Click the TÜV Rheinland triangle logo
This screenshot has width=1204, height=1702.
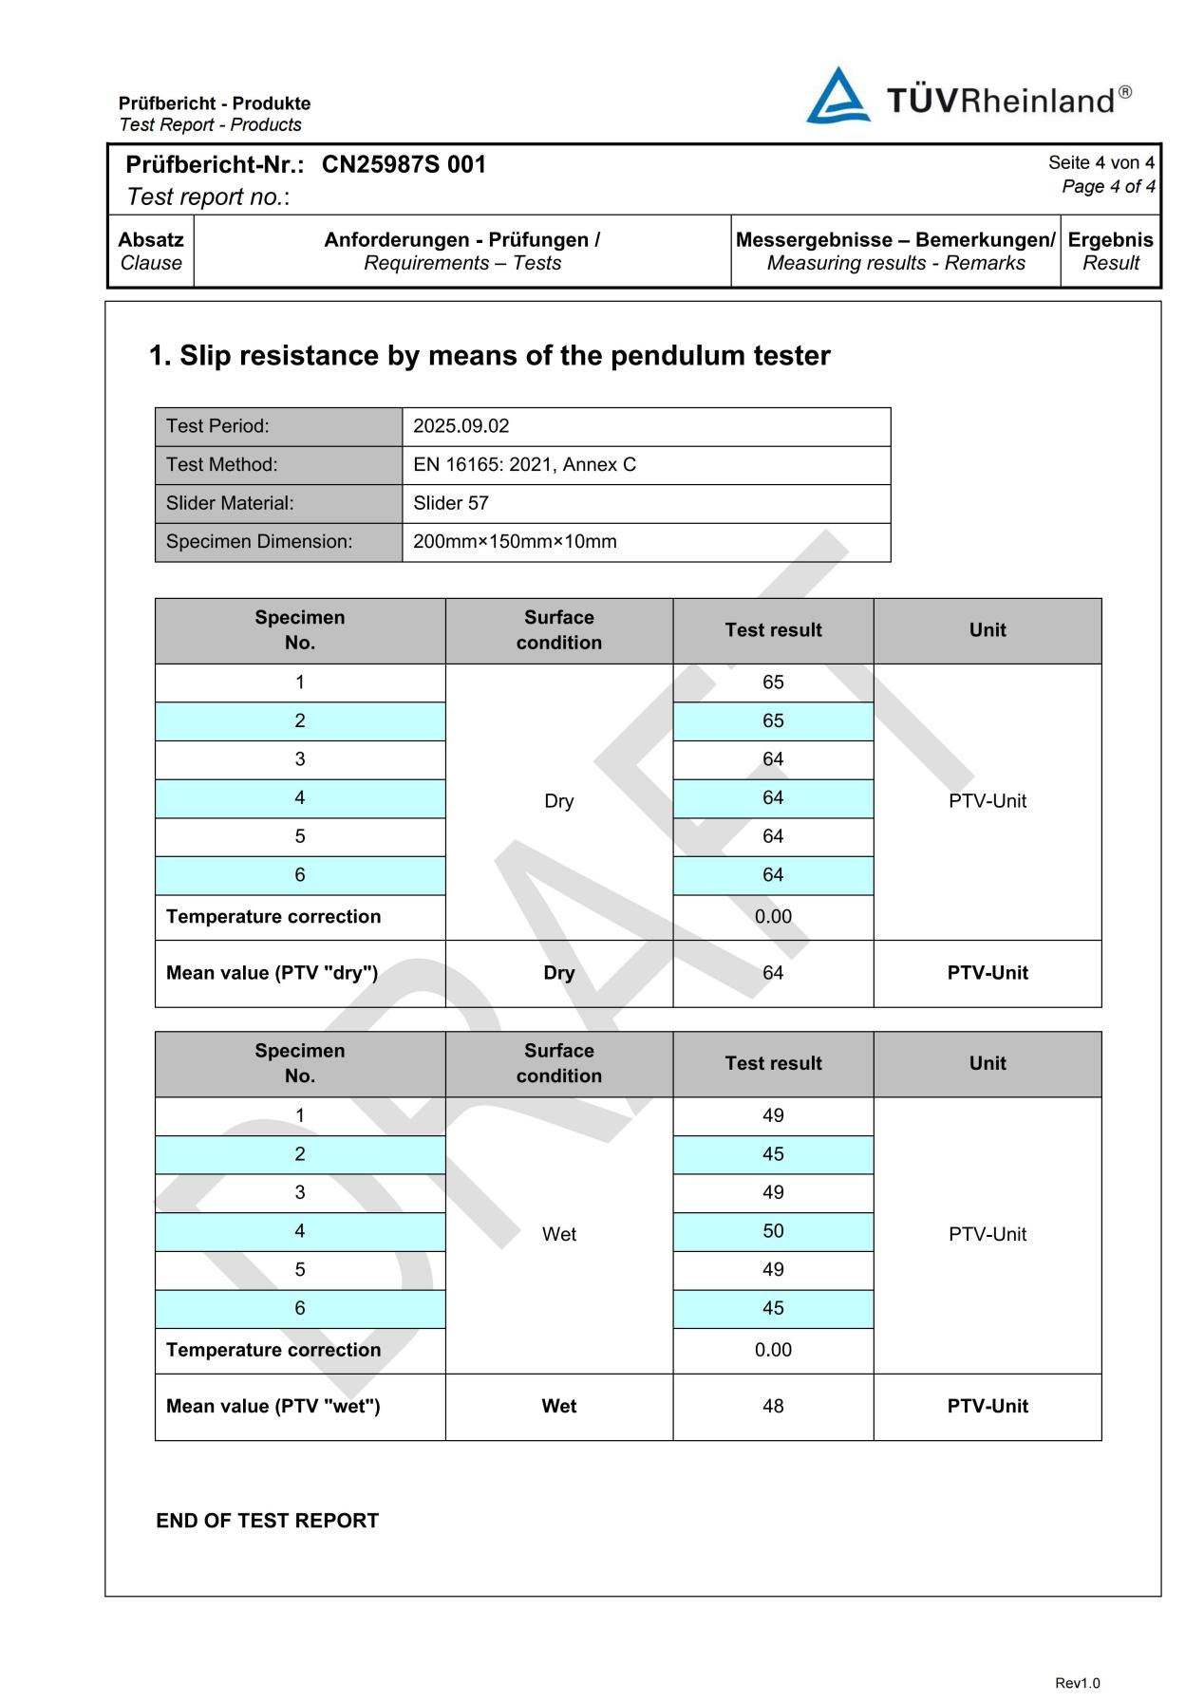click(x=837, y=96)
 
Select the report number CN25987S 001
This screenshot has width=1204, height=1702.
click(x=404, y=164)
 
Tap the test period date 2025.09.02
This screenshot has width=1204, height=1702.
click(x=461, y=426)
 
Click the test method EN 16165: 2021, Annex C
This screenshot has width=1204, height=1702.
click(x=524, y=464)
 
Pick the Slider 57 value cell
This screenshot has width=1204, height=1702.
click(x=451, y=503)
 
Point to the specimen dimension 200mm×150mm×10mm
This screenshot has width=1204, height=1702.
click(x=515, y=542)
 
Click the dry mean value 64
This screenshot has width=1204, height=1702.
click(x=773, y=973)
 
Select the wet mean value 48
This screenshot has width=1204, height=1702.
click(x=773, y=1406)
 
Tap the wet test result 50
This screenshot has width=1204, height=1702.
click(x=773, y=1231)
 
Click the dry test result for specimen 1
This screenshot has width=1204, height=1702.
click(x=773, y=683)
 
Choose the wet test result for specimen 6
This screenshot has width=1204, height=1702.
click(x=773, y=1308)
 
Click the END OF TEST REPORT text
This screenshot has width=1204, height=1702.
click(x=267, y=1521)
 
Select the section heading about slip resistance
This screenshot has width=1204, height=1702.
click(x=489, y=356)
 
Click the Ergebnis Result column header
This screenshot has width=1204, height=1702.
click(x=1110, y=251)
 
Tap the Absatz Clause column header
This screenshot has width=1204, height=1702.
click(x=150, y=251)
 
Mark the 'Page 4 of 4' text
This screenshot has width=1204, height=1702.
click(x=1108, y=186)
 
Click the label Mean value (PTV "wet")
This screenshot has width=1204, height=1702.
click(x=273, y=1406)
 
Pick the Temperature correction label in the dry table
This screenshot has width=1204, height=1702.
click(x=273, y=917)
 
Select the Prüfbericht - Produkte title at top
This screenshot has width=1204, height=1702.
click(x=215, y=103)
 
